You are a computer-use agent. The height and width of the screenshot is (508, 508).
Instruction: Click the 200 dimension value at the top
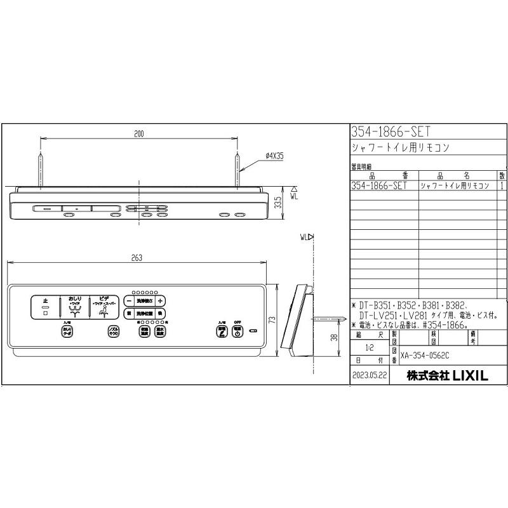(139, 134)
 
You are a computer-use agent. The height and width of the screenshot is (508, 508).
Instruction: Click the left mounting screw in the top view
(41, 168)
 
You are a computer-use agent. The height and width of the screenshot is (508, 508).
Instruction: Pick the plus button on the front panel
(161, 301)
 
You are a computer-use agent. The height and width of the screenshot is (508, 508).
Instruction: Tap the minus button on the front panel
(129, 301)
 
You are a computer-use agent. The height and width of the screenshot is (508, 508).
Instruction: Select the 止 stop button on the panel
(45, 307)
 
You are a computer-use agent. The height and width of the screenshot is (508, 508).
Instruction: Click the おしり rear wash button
(75, 307)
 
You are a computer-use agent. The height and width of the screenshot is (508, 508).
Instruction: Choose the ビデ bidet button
(105, 307)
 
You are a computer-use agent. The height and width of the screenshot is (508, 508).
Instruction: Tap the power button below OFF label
(237, 332)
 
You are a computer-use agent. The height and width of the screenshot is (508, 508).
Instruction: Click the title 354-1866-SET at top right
(391, 131)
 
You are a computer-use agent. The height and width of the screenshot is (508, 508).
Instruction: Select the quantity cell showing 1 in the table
(502, 185)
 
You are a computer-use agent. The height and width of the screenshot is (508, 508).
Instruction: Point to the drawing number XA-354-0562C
(429, 358)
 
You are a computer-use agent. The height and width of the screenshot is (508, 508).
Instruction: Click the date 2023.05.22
(369, 376)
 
